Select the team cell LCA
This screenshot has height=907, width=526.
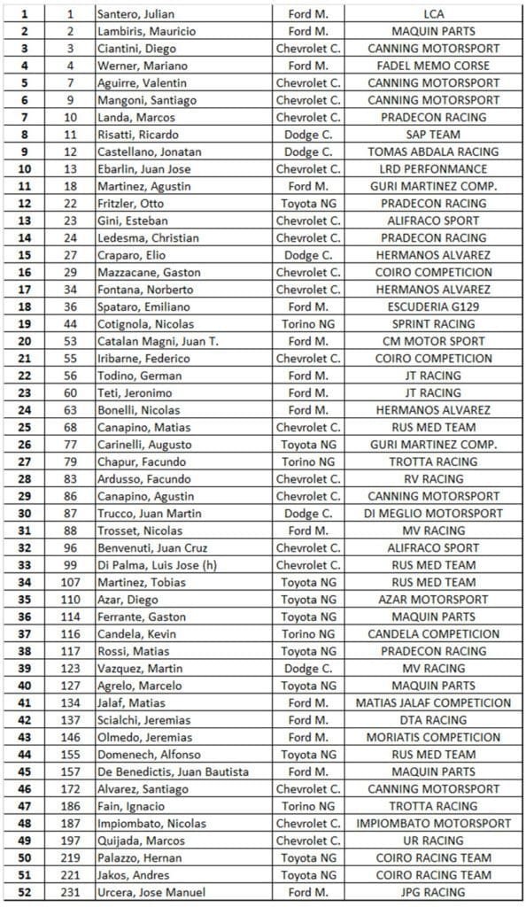tap(434, 15)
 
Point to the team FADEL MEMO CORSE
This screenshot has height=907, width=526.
tap(434, 66)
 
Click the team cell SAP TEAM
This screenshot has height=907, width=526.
tap(434, 135)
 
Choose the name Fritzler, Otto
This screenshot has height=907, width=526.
tap(131, 204)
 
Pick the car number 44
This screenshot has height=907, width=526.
tap(71, 324)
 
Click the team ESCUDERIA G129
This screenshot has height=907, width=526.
tap(434, 306)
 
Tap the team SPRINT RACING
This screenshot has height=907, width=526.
tap(434, 324)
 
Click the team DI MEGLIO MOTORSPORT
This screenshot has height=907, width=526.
tap(434, 514)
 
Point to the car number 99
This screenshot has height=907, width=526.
tap(71, 565)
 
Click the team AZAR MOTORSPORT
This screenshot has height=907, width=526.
tap(434, 600)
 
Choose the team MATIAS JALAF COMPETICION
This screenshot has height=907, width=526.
tap(434, 703)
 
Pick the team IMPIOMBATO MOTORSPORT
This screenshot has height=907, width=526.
tap(434, 823)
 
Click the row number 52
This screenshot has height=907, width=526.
tap(24, 892)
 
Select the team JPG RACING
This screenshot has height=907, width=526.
tap(434, 892)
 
